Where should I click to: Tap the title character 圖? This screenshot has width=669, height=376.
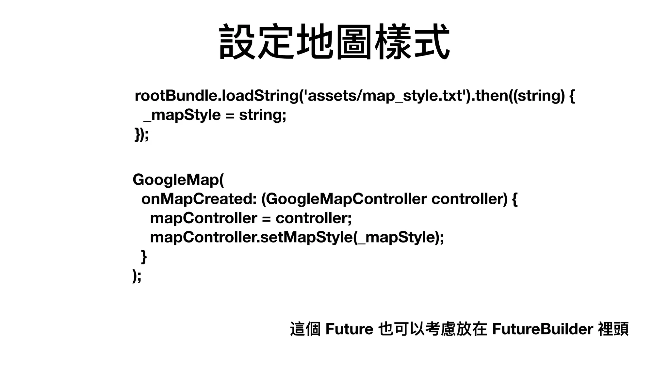(x=354, y=42)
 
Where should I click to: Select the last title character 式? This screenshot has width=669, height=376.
(x=431, y=42)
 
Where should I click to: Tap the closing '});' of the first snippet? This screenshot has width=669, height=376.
(x=141, y=134)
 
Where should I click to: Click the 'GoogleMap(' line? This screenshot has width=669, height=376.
(x=178, y=180)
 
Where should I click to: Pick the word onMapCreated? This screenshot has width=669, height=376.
(x=199, y=199)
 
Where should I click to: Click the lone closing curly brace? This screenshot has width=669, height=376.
(x=144, y=257)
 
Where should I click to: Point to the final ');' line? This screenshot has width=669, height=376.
(x=137, y=276)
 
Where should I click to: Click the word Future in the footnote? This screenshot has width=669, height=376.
(x=349, y=329)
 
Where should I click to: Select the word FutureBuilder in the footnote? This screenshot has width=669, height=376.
(x=542, y=329)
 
